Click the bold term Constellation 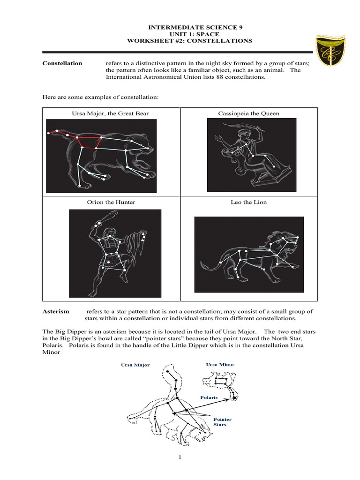(62, 63)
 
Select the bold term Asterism (56, 311)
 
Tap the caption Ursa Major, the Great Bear (111, 113)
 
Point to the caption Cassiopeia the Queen (248, 113)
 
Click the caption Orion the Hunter (111, 202)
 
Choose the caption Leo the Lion (249, 202)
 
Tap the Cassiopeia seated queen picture (252, 155)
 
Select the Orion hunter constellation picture (115, 253)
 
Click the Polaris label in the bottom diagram (209, 397)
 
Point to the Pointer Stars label (222, 422)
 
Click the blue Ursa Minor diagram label (220, 364)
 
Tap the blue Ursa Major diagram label (135, 365)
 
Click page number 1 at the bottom (179, 458)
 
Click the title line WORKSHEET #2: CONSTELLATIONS (189, 41)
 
